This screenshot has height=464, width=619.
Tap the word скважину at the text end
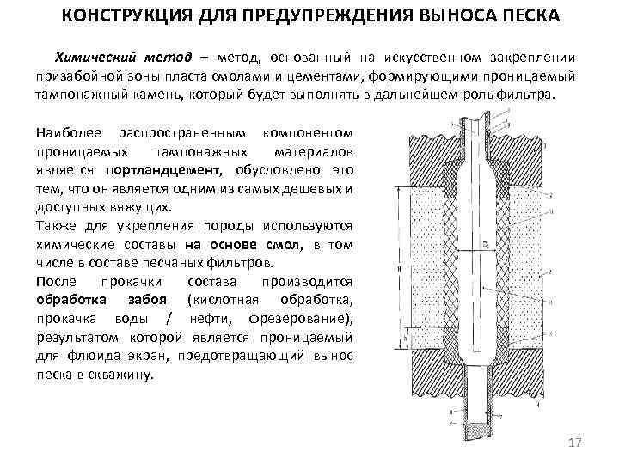click(x=126, y=375)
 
